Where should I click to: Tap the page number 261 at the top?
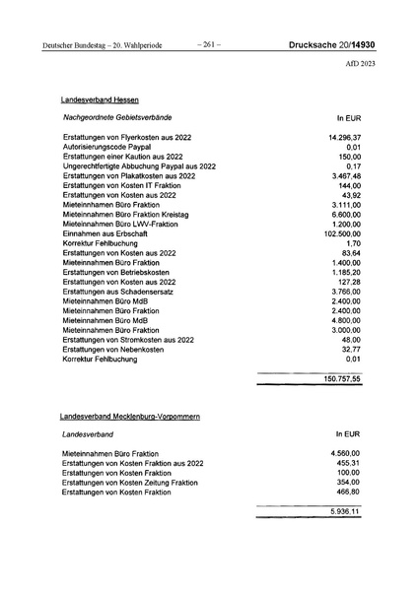pyautogui.click(x=209, y=44)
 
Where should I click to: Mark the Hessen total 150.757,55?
pyautogui.click(x=342, y=378)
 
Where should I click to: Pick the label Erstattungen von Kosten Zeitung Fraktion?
pyautogui.click(x=130, y=483)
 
